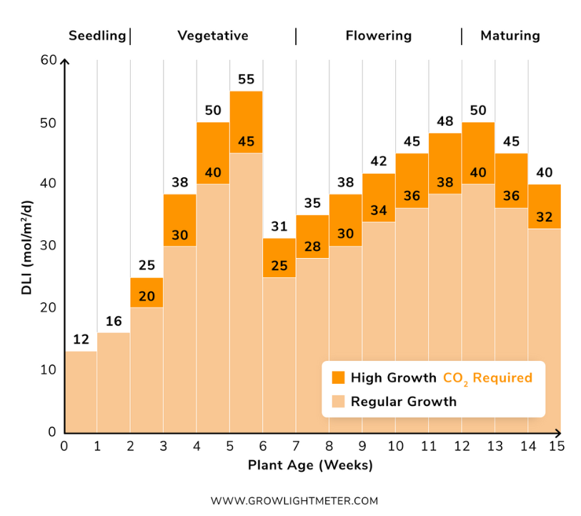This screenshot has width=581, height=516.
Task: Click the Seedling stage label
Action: (x=97, y=36)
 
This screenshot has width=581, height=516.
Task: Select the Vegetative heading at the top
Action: (x=213, y=36)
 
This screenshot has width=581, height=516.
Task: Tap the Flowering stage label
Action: (x=378, y=36)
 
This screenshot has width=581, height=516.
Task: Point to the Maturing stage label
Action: (x=510, y=36)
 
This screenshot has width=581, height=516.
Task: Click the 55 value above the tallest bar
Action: (x=246, y=79)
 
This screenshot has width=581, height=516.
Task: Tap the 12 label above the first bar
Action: (x=81, y=339)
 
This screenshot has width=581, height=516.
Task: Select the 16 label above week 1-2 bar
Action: (x=114, y=321)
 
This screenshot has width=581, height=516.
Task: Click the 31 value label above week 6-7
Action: (x=279, y=227)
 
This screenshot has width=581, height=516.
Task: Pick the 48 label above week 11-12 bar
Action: (x=445, y=121)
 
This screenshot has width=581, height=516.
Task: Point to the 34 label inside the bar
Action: (x=379, y=211)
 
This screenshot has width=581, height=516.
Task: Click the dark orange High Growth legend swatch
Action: (x=338, y=377)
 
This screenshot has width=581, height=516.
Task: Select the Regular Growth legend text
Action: (x=403, y=402)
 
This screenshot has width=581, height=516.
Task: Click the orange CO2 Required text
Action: (x=487, y=377)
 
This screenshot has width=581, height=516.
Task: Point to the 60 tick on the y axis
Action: (x=49, y=61)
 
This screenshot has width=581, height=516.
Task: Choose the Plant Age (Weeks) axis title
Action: (x=310, y=465)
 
